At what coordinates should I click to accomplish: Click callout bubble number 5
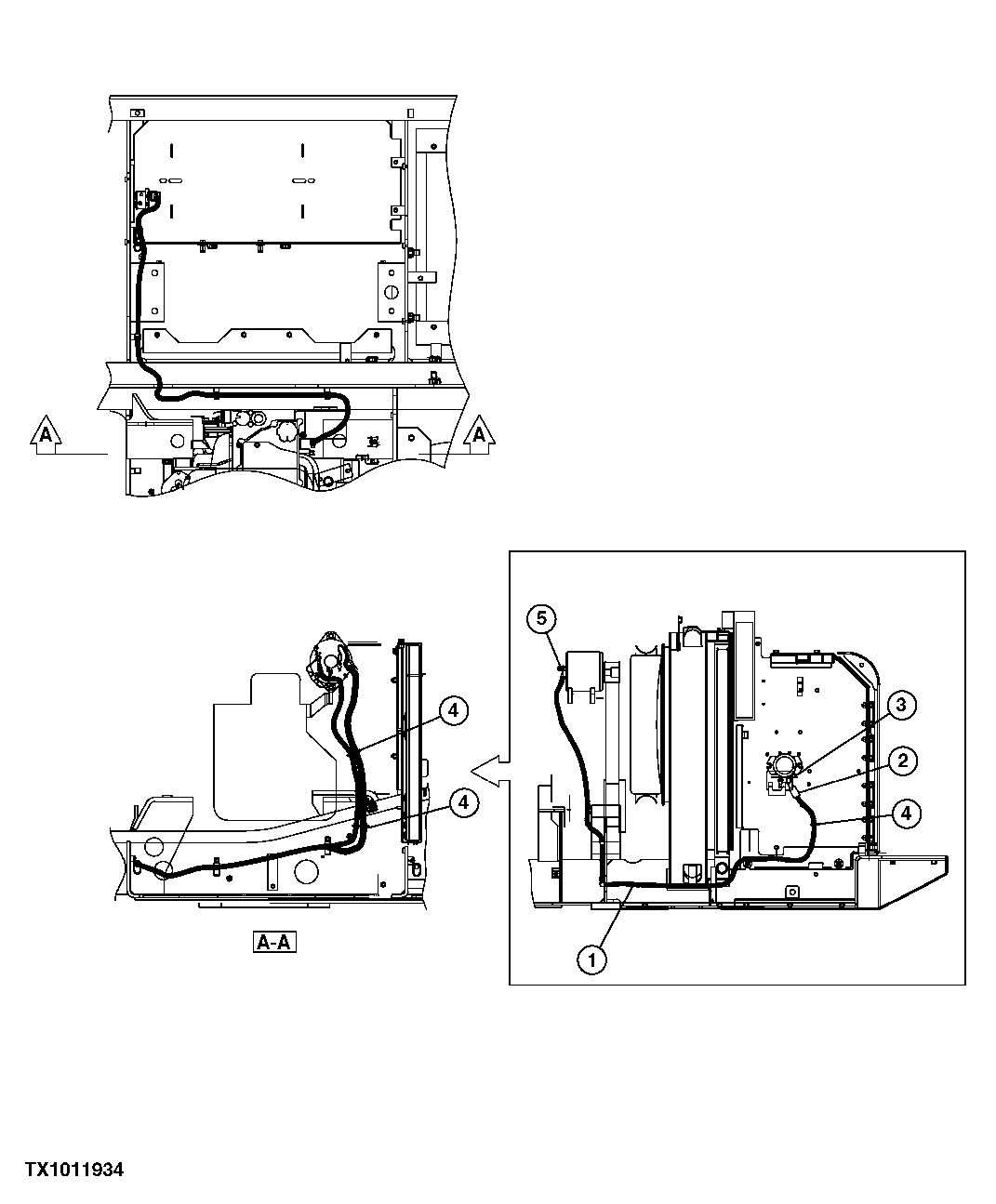coord(543,618)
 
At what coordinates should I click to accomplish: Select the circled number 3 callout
coord(900,707)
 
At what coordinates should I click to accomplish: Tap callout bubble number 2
coord(900,761)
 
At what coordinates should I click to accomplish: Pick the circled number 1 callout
coord(592,959)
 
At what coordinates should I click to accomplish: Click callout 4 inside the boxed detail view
coord(906,813)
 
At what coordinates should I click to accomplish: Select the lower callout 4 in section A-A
coord(463,801)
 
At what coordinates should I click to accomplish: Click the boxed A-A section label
coord(273,944)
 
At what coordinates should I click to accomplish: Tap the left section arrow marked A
coord(45,434)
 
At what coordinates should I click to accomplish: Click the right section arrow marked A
coord(479,434)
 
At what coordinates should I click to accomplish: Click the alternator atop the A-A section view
coord(329,660)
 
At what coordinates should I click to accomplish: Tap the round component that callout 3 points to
coord(783,767)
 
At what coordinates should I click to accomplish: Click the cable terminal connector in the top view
coord(148,200)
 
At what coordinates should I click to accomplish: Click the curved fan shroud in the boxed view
coord(645,725)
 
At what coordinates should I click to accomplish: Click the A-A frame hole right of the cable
coord(304,872)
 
